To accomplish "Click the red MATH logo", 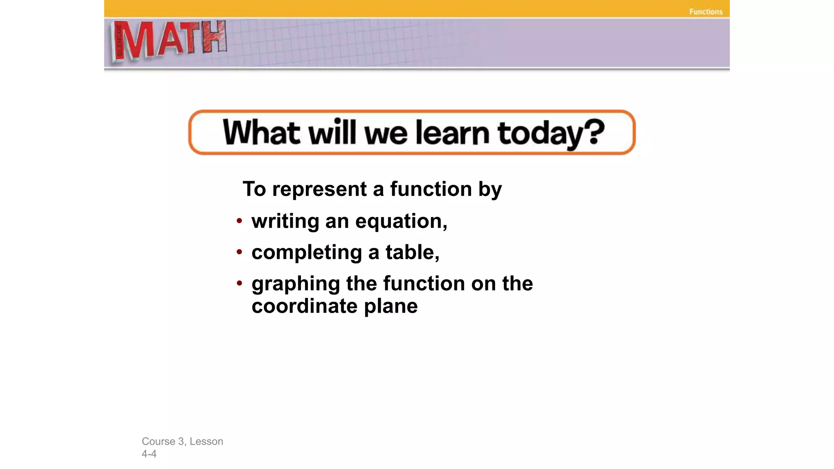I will point(169,41).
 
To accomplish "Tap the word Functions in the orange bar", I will point(706,12).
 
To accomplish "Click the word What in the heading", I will point(261,132).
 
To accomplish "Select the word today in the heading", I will point(537,134).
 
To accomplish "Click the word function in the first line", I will point(431,189).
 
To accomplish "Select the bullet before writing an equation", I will point(239,221).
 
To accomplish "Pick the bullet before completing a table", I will point(239,252).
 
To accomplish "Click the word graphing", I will point(296,284).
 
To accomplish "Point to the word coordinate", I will point(305,306).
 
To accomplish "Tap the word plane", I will point(391,306).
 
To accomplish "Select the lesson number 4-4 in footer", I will point(149,454).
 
